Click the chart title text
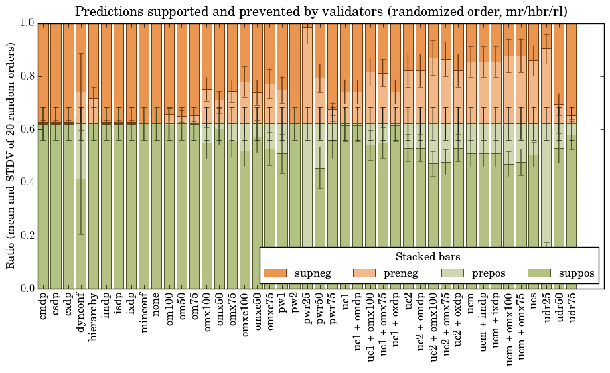pyautogui.click(x=321, y=11)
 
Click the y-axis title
pyautogui.click(x=11, y=155)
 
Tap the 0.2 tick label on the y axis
pyautogui.click(x=25, y=236)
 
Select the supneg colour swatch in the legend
pyautogui.click(x=274, y=273)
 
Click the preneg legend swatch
pyautogui.click(x=363, y=273)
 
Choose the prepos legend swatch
pyautogui.click(x=453, y=273)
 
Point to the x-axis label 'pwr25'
pyautogui.click(x=308, y=310)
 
